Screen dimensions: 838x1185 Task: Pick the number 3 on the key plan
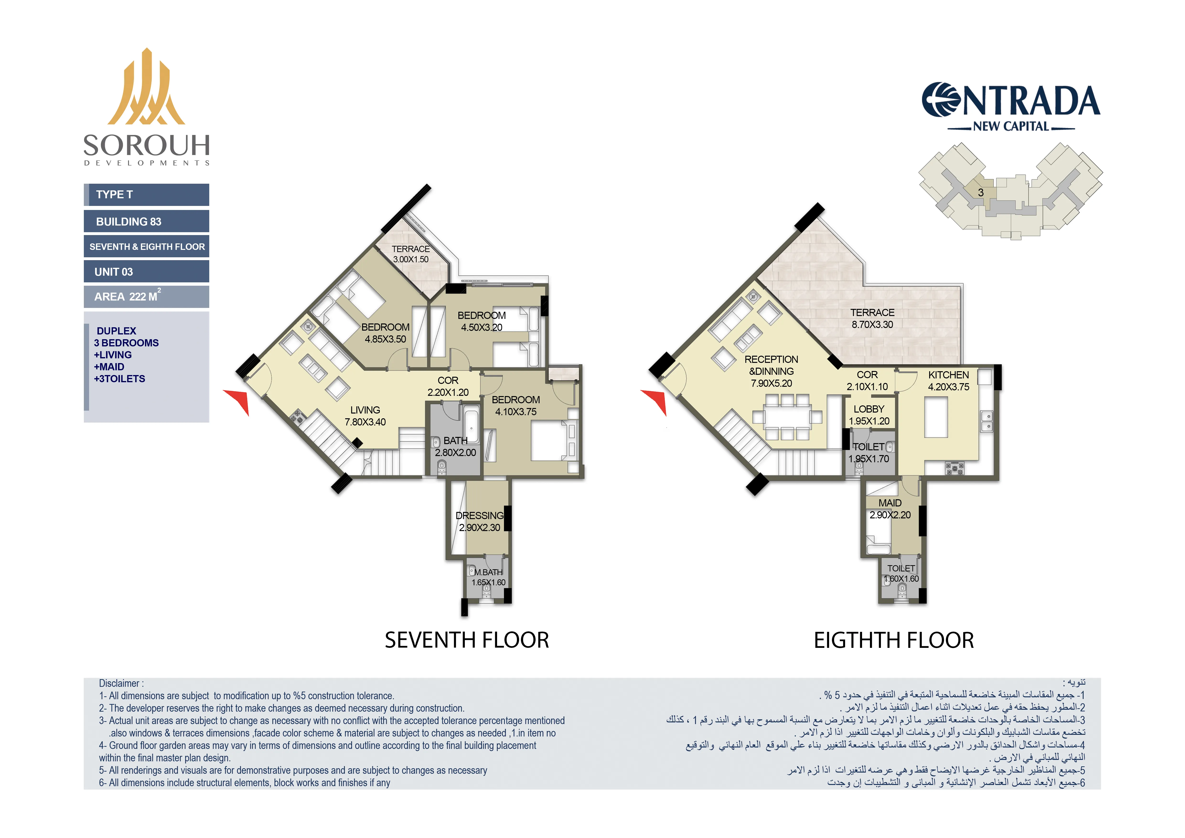(981, 193)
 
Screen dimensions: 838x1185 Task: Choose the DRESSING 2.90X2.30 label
(479, 521)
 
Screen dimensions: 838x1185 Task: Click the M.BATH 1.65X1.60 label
(488, 577)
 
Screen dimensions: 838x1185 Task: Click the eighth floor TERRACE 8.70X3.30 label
(872, 318)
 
